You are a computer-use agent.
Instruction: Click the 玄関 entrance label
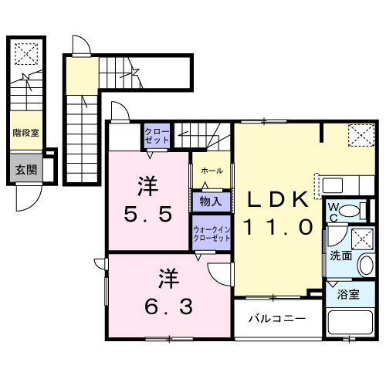point(25,170)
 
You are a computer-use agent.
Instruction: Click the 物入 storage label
point(210,201)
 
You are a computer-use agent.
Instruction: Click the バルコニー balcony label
point(276,317)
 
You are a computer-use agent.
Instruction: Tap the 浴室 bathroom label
point(347,294)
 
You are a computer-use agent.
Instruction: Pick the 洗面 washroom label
point(340,254)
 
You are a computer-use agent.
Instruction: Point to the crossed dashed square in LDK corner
point(358,136)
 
